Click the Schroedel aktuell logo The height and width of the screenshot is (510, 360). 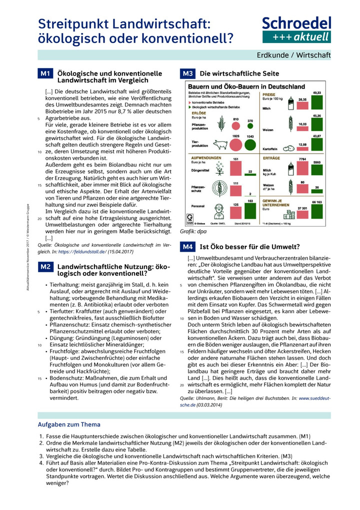(296, 29)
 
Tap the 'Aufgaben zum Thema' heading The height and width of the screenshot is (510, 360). (69, 424)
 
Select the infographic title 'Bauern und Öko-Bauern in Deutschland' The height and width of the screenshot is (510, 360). (237, 87)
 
